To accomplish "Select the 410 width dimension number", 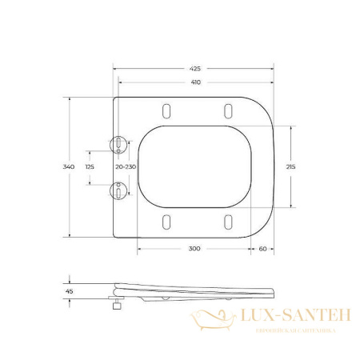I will tap(195, 82).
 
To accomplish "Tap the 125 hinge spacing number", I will tap(89, 166).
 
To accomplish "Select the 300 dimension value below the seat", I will tap(194, 250).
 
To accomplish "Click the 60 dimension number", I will tap(262, 250).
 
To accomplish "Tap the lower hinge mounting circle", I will tap(118, 190).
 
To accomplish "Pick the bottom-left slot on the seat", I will tap(166, 222).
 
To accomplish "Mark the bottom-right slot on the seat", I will tap(227, 222).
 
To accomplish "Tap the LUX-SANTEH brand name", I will tap(286, 318).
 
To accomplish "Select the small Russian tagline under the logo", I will tap(286, 330).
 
